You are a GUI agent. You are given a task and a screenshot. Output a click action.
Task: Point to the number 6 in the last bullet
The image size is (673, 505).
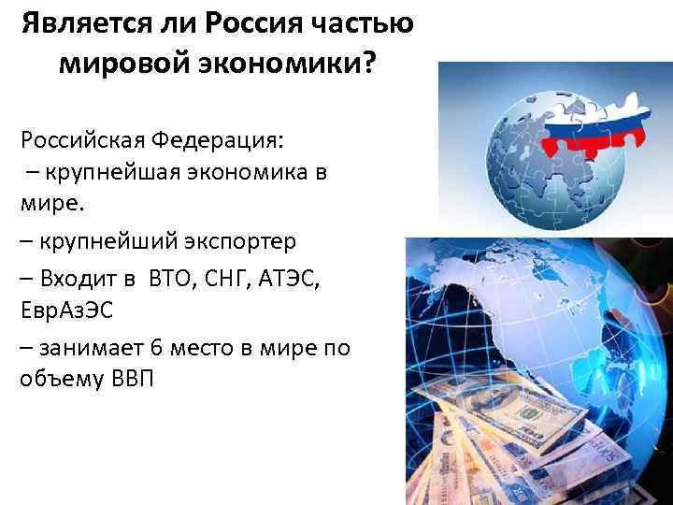pos(155,347)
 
